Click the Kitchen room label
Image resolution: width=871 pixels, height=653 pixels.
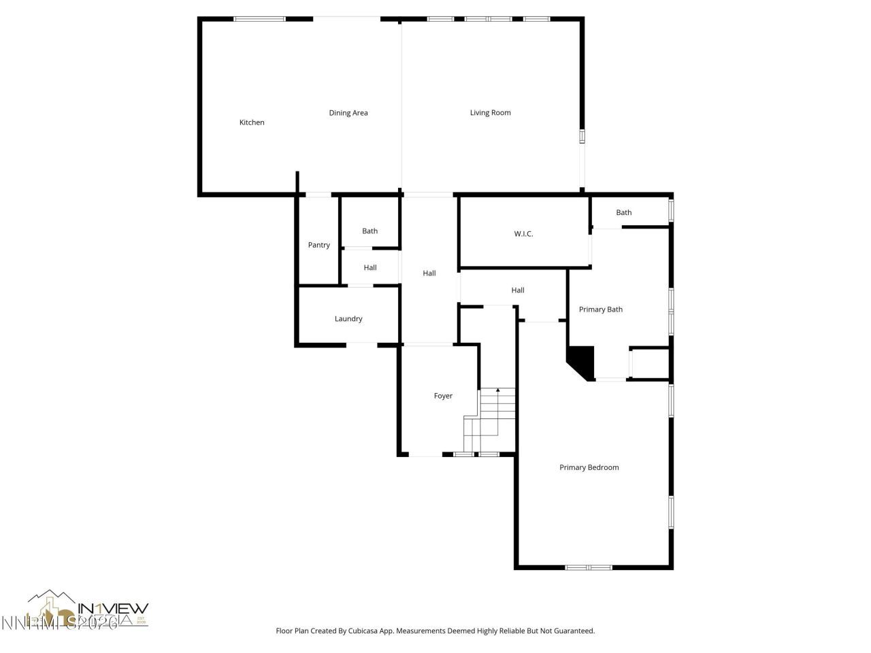coord(252,122)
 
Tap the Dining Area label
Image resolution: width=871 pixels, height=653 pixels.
coord(348,113)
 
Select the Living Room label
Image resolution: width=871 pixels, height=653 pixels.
coord(490,113)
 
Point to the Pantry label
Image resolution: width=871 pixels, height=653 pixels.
coord(318,245)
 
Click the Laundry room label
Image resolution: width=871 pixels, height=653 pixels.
coord(348,318)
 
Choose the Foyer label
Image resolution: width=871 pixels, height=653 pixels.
coord(443,396)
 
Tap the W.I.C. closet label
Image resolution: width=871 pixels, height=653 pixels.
coord(523,234)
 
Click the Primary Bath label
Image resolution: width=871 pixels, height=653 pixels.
coord(600,309)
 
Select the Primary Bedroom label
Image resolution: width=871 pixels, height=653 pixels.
coord(589,467)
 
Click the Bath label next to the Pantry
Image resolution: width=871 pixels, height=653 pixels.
coord(369,231)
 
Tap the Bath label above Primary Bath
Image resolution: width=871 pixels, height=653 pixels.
coord(623,212)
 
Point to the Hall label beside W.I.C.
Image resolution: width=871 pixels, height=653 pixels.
coord(518,290)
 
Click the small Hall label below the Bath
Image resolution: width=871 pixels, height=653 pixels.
coord(369,268)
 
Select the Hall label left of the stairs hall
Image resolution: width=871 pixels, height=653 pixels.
coord(429,273)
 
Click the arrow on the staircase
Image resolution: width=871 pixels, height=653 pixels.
coord(497,390)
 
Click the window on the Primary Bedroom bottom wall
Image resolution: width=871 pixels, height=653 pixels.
coord(589,567)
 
